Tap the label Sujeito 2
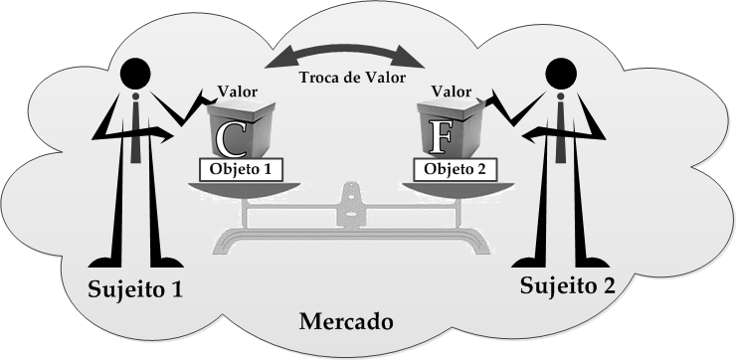point(568,285)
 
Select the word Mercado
point(346,321)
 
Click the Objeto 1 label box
point(241,169)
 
